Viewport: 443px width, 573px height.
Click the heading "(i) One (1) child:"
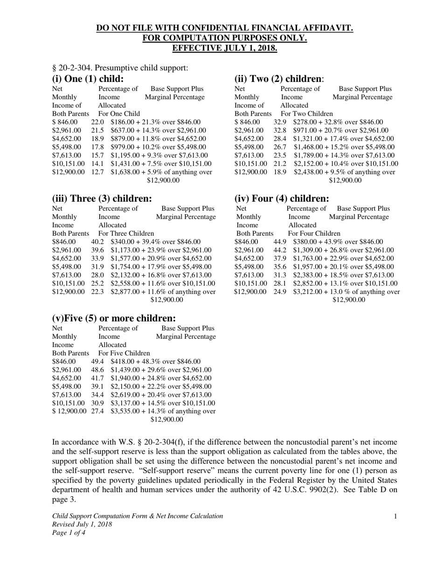pos(88,79)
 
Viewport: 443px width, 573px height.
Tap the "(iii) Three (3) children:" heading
pos(102,198)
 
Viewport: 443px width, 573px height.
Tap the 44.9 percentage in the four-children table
pos(280,242)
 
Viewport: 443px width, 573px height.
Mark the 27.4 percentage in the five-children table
pos(97,411)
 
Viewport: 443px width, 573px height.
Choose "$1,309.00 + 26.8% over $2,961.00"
pos(343,250)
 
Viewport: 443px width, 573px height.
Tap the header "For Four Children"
pos(314,233)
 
